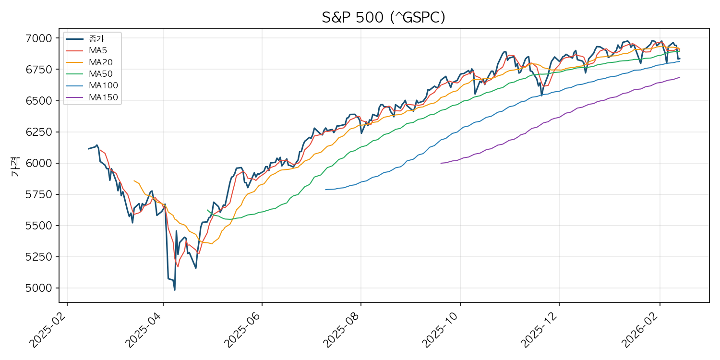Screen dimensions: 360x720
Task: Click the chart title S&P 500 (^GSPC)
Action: click(384, 18)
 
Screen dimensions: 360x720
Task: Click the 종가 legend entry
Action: click(96, 39)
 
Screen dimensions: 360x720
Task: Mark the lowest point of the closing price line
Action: click(174, 290)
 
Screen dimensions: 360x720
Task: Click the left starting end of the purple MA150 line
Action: click(441, 163)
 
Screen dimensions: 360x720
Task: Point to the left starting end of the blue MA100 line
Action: click(325, 190)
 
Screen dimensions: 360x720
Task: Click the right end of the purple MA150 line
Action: click(680, 77)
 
